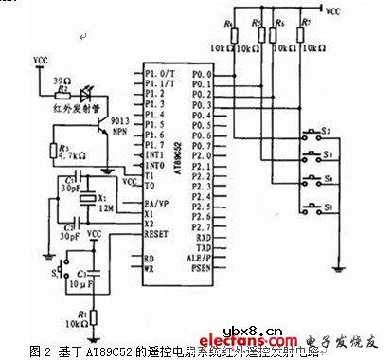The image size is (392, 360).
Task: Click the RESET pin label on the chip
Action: tap(157, 228)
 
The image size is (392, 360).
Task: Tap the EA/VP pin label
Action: tap(157, 201)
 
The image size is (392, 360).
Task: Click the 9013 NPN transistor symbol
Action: tap(100, 134)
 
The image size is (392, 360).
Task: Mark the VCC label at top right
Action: tap(332, 13)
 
